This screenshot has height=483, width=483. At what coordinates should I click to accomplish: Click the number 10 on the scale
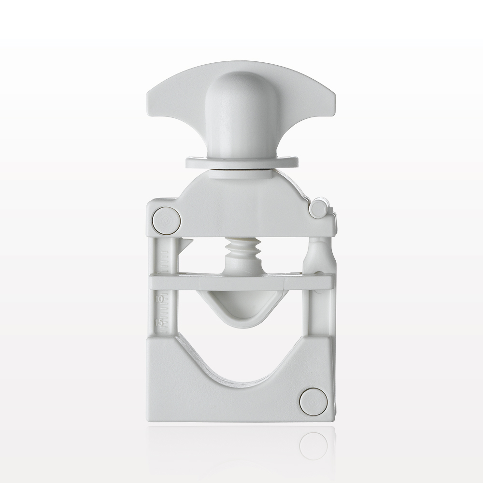[158, 300]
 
